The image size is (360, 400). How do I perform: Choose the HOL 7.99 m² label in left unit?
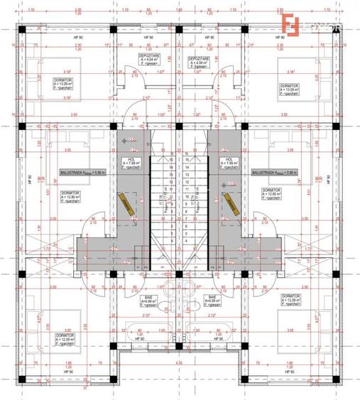click(131, 163)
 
